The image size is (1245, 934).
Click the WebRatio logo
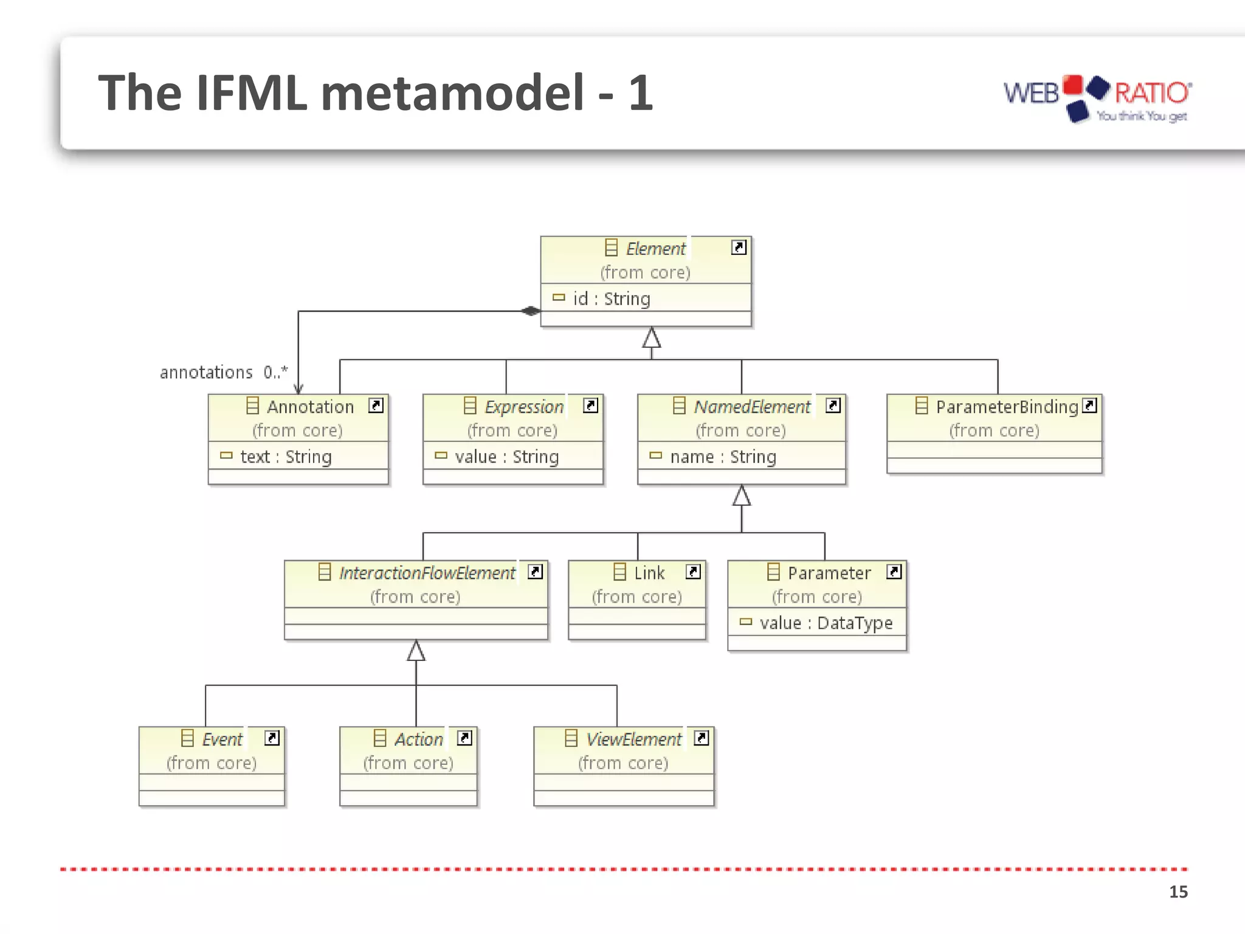point(1097,97)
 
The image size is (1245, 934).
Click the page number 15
point(1178,891)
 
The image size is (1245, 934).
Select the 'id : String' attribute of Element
point(611,299)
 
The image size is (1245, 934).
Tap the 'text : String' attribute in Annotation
point(286,457)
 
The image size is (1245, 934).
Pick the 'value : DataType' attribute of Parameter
point(826,623)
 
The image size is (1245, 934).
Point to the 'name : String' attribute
point(723,457)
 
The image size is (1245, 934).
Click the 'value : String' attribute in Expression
point(506,457)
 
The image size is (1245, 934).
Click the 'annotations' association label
point(206,372)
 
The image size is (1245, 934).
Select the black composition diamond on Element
point(531,311)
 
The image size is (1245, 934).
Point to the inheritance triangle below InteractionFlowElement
point(416,651)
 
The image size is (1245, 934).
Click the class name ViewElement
point(633,739)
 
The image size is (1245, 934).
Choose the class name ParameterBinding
point(1007,407)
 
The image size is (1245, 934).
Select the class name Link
point(649,573)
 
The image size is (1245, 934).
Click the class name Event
point(222,739)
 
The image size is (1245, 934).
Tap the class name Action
point(418,739)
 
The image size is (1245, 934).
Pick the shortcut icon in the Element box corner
point(739,247)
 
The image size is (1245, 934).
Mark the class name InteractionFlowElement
point(427,573)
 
